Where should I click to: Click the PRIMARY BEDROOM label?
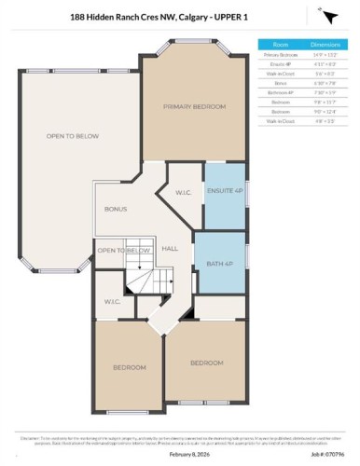(194, 107)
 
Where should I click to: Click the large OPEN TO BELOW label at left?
(66, 136)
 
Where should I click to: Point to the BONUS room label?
(116, 209)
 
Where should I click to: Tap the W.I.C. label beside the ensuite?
(184, 194)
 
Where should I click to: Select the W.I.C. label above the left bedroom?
(111, 305)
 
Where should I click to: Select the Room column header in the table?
(280, 44)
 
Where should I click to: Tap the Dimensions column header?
(325, 44)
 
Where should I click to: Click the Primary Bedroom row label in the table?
(280, 56)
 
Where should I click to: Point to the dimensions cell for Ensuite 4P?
(325, 65)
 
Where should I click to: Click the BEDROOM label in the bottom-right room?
(206, 362)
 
